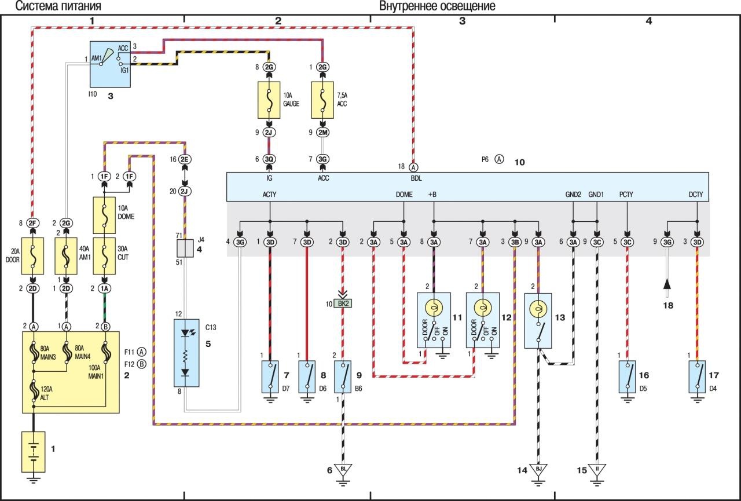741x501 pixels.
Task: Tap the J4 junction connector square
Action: pyautogui.click(x=186, y=250)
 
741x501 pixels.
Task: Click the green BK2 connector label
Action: pyautogui.click(x=344, y=303)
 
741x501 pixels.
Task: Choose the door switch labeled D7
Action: pyautogui.click(x=270, y=376)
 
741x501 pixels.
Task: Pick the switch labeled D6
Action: pyautogui.click(x=307, y=376)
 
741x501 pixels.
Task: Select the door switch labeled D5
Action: pyautogui.click(x=627, y=376)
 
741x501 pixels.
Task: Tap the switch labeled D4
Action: pyautogui.click(x=697, y=376)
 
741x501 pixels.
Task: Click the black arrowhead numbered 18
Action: pyautogui.click(x=667, y=284)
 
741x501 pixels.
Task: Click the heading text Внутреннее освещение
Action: pyautogui.click(x=437, y=7)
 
